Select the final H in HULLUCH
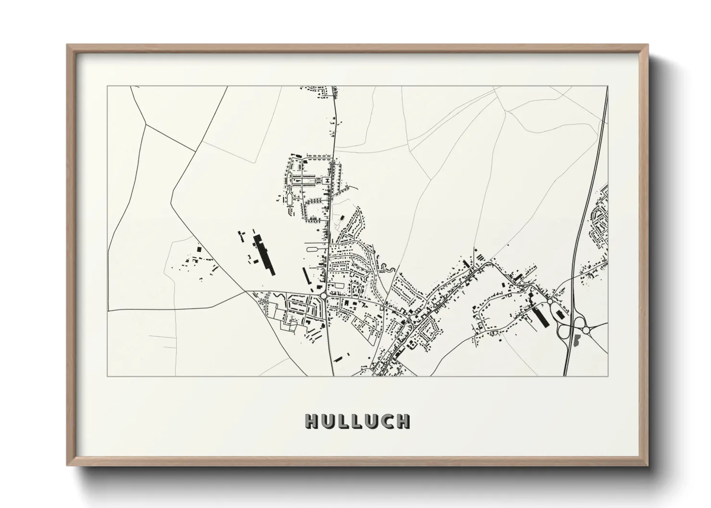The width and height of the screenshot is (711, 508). (403, 421)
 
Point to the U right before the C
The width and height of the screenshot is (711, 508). (372, 421)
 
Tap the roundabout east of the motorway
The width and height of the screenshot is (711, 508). (586, 330)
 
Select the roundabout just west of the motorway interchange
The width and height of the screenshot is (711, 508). (549, 302)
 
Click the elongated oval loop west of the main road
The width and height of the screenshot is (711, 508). (314, 249)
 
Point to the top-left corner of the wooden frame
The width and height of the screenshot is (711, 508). (67, 45)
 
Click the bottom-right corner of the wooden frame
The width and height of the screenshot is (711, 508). (648, 466)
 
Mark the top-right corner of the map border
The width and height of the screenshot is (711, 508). (608, 86)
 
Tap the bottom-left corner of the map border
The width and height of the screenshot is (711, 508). (108, 376)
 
